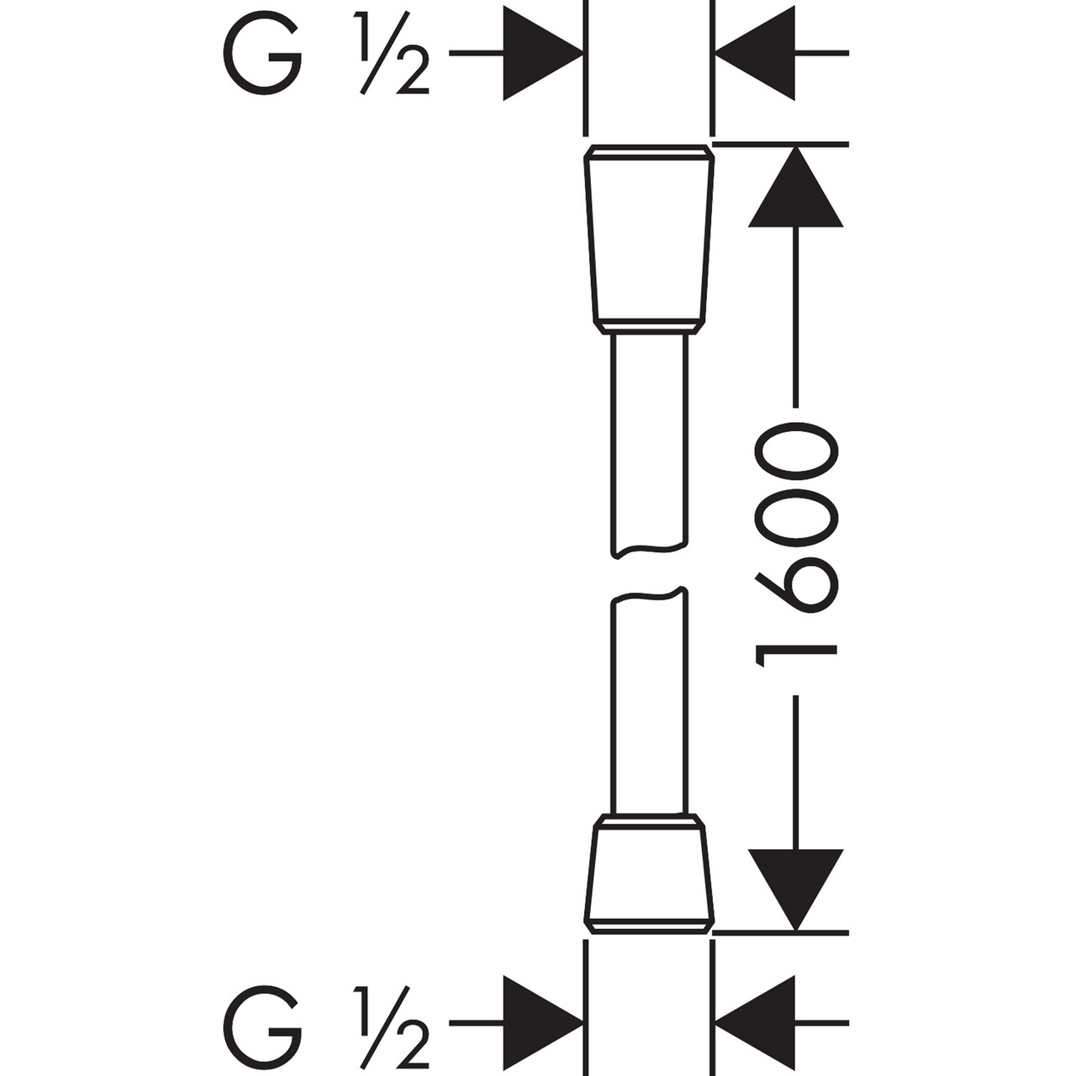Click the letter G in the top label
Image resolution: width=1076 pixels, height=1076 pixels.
point(261,55)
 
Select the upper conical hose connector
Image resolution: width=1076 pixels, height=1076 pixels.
point(649,240)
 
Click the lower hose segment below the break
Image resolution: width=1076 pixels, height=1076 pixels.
point(649,706)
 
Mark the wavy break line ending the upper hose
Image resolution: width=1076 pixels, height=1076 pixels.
point(649,551)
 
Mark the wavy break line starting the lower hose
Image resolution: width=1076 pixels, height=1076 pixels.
point(649,596)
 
